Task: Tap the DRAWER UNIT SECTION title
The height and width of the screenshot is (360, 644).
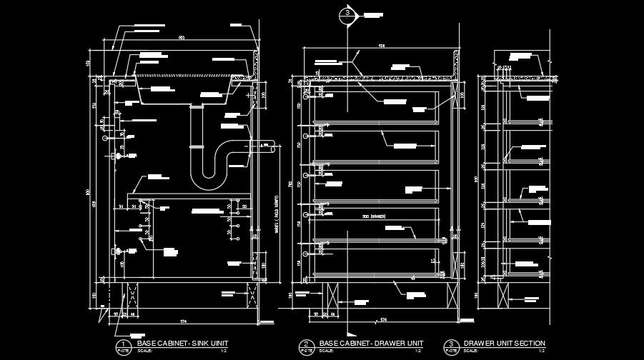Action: coord(505,344)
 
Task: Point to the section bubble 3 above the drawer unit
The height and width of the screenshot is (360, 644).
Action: coord(348,14)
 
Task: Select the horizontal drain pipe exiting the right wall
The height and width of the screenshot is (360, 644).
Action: coord(265,146)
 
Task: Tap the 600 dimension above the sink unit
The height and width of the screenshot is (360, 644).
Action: coord(182,38)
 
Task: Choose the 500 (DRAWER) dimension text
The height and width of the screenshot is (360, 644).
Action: coord(373,216)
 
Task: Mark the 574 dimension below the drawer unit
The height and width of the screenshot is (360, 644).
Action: coord(382,319)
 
